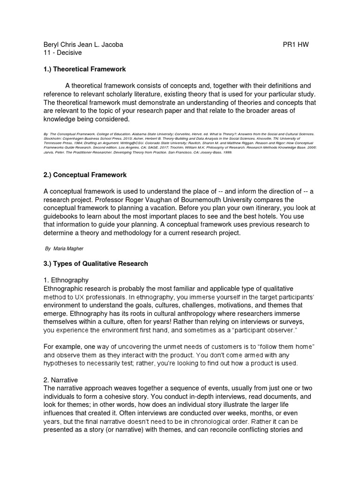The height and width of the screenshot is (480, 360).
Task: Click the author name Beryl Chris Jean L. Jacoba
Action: click(83, 45)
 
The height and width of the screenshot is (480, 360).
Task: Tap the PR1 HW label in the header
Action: click(296, 45)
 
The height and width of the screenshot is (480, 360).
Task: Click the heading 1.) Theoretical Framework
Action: click(84, 69)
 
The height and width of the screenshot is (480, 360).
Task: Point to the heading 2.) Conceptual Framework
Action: click(85, 175)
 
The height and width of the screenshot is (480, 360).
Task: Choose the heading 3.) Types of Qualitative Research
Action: click(95, 263)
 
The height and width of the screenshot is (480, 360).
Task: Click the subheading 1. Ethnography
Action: click(66, 280)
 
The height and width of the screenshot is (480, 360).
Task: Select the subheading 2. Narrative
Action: click(60, 380)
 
